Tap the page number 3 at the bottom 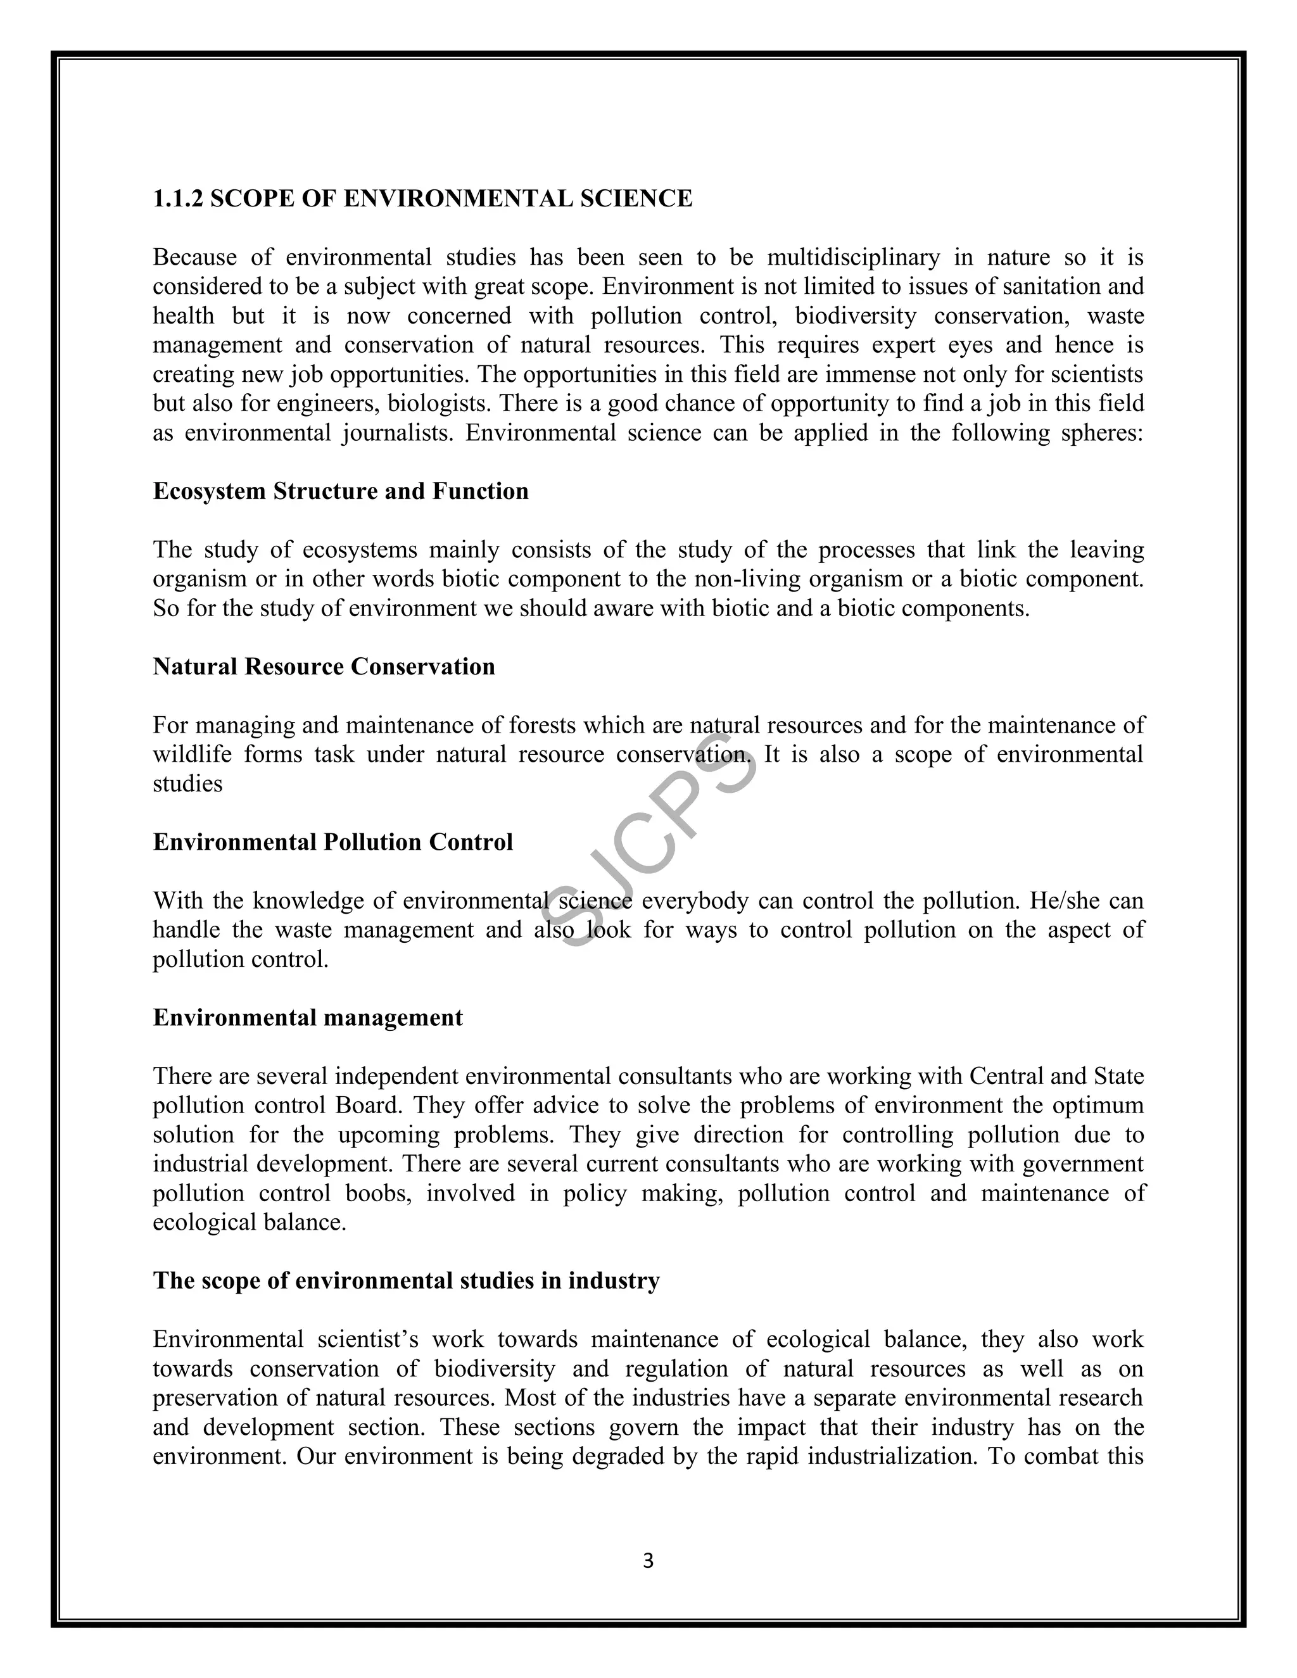click(x=648, y=1560)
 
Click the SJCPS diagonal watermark click(x=649, y=842)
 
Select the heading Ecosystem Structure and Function click(x=340, y=491)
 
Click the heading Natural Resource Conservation click(x=324, y=666)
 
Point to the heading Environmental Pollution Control click(x=332, y=842)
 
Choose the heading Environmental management click(x=307, y=1018)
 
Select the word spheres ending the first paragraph click(x=1101, y=433)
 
